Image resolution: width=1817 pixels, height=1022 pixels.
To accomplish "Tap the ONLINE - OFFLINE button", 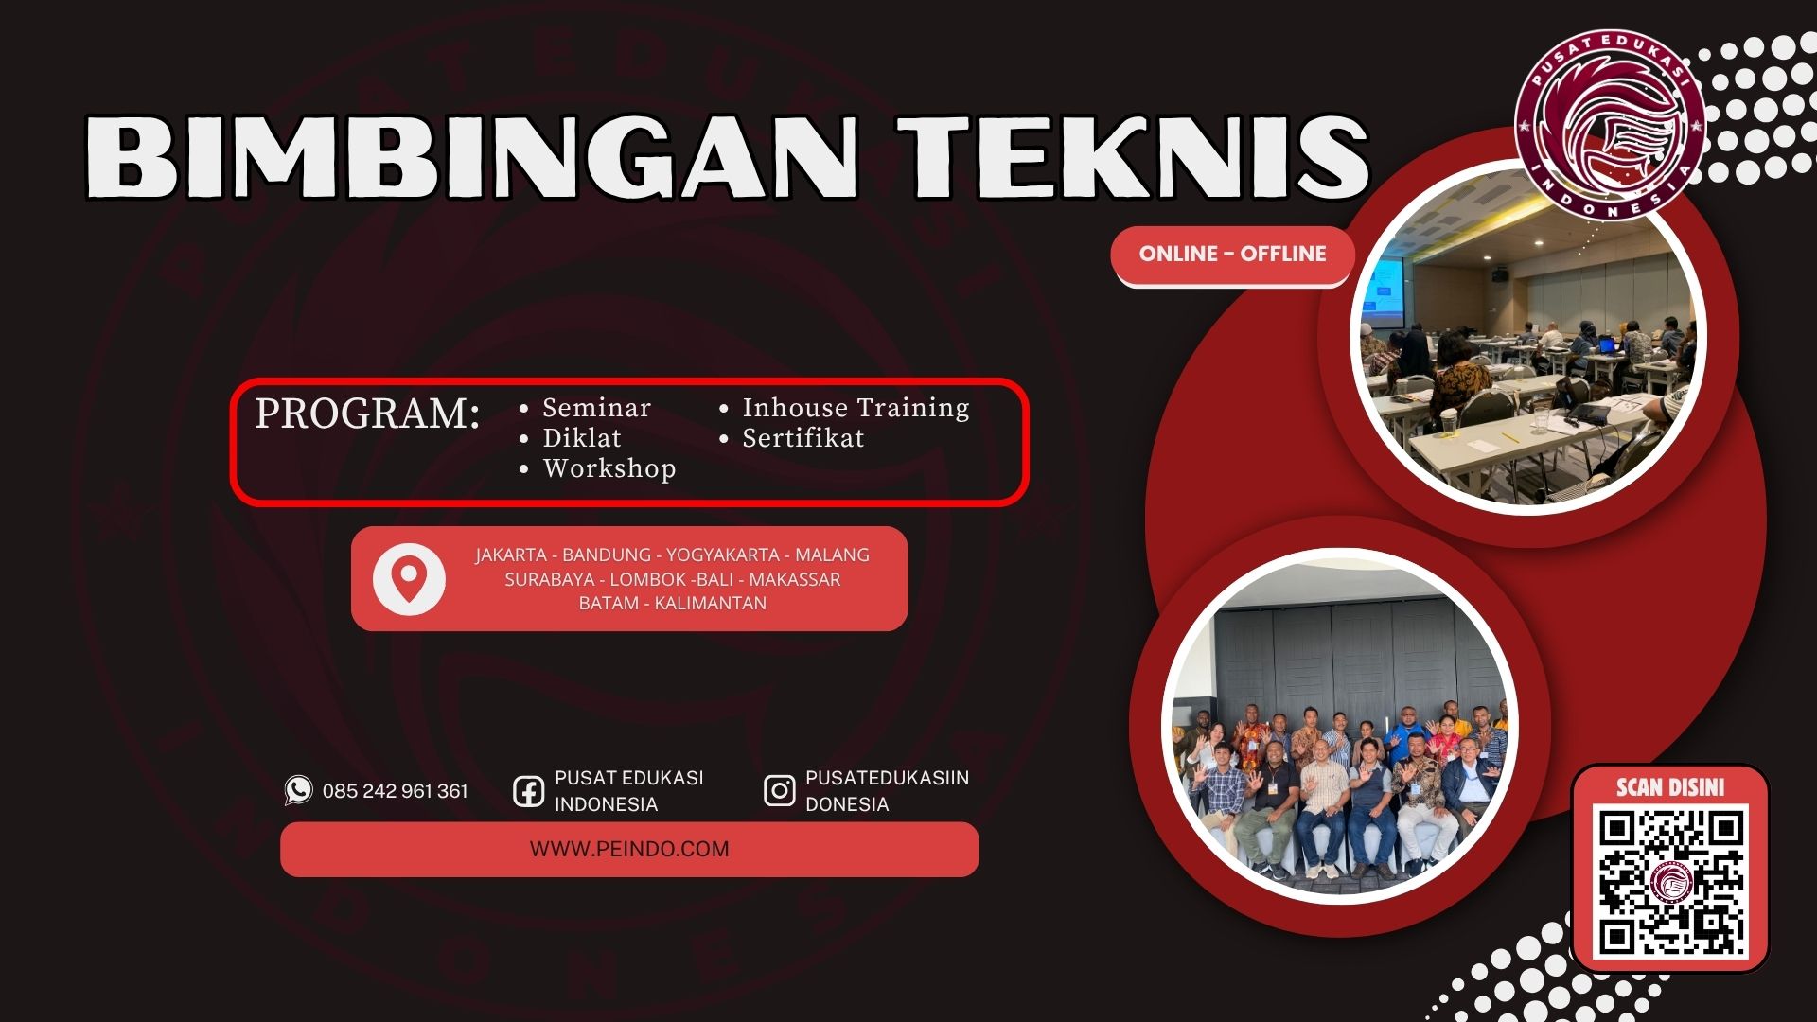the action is click(1232, 255).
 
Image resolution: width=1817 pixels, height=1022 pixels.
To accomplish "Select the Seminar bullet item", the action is click(596, 408).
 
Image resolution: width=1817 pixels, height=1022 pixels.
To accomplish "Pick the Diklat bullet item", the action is click(581, 438).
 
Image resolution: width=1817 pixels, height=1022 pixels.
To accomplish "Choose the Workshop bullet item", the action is click(609, 468).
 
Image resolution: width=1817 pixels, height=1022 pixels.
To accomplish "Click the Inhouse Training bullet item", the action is click(856, 408).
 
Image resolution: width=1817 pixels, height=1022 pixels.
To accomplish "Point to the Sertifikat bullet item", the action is click(803, 438).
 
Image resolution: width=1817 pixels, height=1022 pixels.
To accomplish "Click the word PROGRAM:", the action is click(367, 414).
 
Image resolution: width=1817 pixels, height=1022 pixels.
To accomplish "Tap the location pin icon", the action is click(409, 578).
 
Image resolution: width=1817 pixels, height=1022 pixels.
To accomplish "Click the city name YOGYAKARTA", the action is click(722, 555).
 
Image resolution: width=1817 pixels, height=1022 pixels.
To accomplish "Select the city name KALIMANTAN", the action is click(711, 603).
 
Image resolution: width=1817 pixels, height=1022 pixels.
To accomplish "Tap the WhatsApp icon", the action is click(298, 790).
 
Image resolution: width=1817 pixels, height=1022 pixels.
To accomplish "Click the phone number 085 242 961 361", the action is click(396, 791).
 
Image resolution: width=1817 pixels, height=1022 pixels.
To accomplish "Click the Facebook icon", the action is click(528, 791).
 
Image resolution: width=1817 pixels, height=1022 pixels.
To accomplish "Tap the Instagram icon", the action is click(779, 790).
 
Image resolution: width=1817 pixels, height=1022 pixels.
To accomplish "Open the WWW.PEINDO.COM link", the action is click(629, 849).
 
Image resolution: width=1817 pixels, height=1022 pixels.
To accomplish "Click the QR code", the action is click(1671, 883).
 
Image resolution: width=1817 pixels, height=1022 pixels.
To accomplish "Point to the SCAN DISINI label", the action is click(1670, 786).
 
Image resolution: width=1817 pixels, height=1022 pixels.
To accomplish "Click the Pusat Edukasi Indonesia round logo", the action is click(1609, 125).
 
